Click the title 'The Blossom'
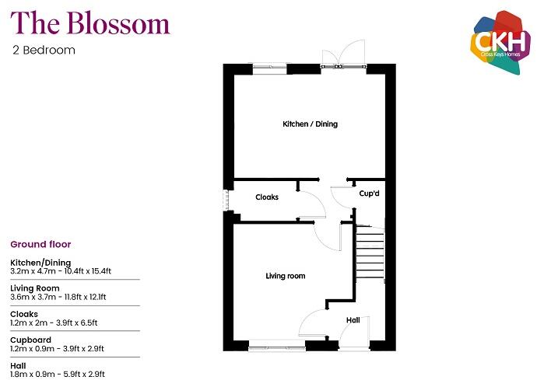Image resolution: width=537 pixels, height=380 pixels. click(x=89, y=24)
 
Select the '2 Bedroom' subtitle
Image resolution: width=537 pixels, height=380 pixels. click(x=44, y=51)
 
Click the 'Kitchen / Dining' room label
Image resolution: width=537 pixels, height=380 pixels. click(x=310, y=124)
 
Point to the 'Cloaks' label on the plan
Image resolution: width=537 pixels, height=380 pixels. click(x=267, y=197)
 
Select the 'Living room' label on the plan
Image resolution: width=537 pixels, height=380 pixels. click(x=285, y=276)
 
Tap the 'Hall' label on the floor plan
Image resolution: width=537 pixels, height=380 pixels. click(x=353, y=319)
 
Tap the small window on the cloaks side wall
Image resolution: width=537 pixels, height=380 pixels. click(x=227, y=200)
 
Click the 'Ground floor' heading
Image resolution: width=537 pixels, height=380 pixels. click(x=40, y=245)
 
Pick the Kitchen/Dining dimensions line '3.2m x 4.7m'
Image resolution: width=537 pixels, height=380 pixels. click(x=61, y=271)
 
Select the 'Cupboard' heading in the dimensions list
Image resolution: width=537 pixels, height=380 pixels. click(x=30, y=340)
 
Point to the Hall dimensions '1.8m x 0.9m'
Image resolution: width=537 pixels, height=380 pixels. click(x=57, y=374)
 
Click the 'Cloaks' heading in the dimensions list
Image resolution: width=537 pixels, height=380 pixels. click(x=24, y=314)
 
